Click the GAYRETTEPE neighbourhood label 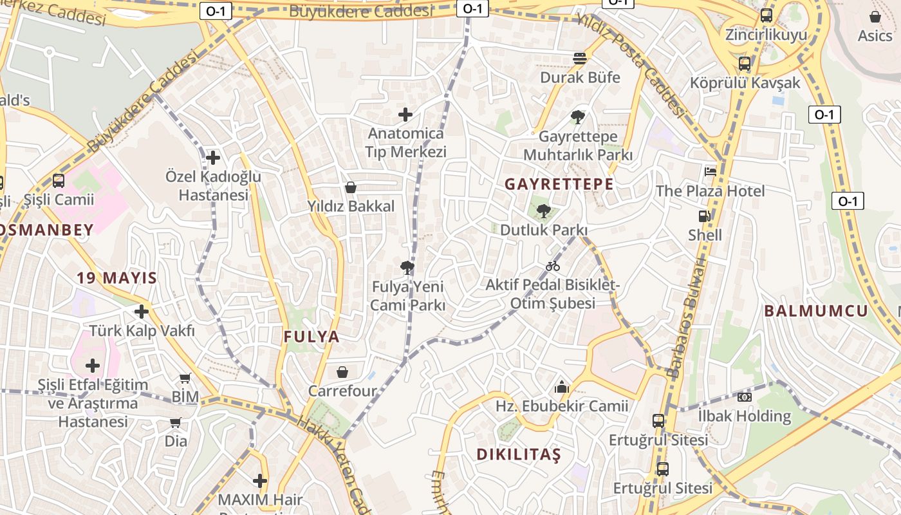[x=559, y=184]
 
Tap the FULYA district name [x=311, y=337]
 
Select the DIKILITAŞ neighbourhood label [x=519, y=454]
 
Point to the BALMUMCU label [x=816, y=312]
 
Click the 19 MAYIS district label [x=116, y=278]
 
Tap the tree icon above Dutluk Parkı [x=544, y=211]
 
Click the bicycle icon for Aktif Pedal [x=552, y=266]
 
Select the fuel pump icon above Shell [x=705, y=216]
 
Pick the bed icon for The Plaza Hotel [x=711, y=171]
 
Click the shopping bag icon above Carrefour [x=342, y=372]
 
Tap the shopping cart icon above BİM [x=185, y=379]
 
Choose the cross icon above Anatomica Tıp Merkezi [x=405, y=115]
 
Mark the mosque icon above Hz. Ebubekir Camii [x=562, y=387]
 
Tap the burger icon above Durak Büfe [x=580, y=59]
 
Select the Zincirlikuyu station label [x=766, y=35]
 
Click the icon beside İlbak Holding [x=745, y=397]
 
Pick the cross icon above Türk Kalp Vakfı [x=142, y=312]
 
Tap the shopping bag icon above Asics [x=875, y=17]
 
